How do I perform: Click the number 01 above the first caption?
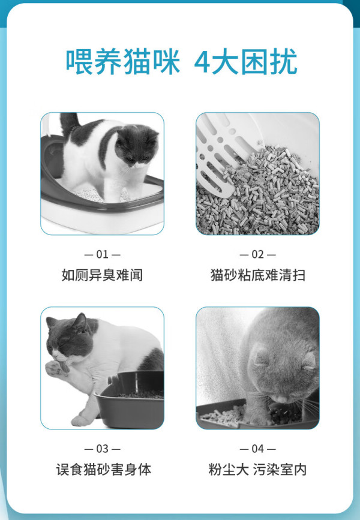coord(102,254)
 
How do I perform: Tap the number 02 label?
coord(257,254)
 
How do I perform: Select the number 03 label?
coord(102,449)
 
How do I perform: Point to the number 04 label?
coord(257,449)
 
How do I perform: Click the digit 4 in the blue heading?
coord(202,62)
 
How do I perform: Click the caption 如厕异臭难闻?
coord(102,275)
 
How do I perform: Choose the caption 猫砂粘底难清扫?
coord(258,275)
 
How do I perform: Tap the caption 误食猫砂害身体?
coord(104,470)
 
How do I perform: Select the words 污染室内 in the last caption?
coord(280,470)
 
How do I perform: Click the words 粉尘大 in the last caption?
coord(228,470)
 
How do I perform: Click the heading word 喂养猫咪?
coord(123,62)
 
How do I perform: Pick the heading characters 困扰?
coord(269,62)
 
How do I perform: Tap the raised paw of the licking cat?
coord(56,368)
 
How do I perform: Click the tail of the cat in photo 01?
coord(69,124)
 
